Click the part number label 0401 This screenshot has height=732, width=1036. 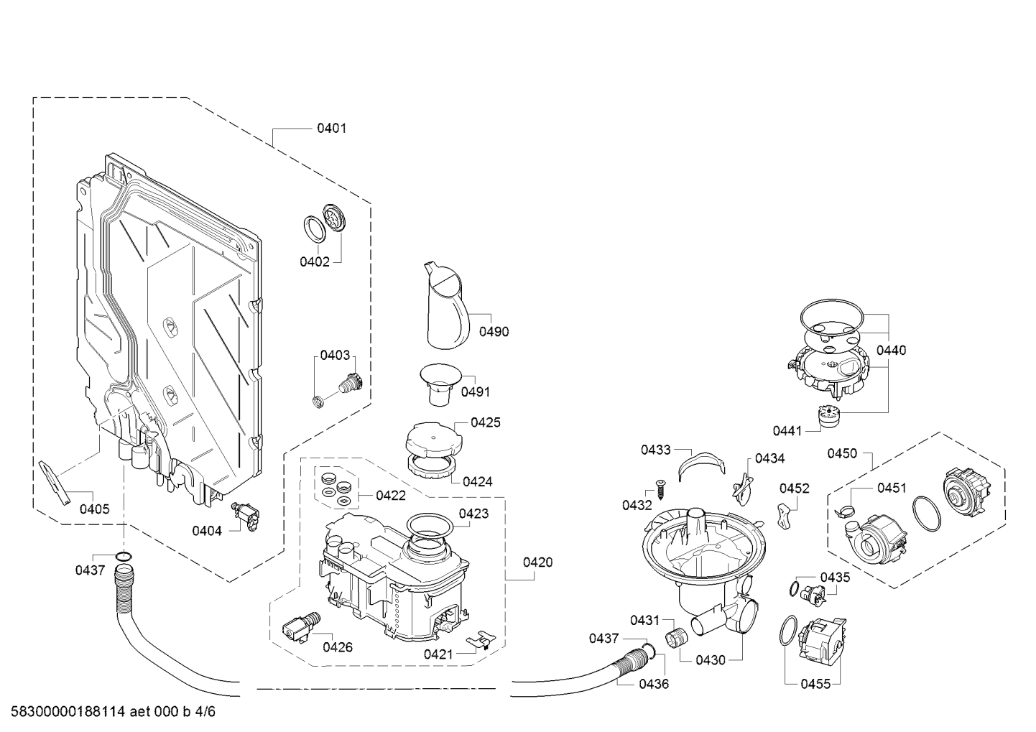pos(331,129)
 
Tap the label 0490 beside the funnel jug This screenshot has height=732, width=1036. pos(494,331)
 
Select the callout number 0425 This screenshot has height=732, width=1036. pos(486,422)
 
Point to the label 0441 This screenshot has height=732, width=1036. pos(787,431)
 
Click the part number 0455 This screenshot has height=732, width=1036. pos(815,684)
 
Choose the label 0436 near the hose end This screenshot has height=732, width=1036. pos(654,684)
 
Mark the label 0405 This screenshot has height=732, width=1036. pos(94,509)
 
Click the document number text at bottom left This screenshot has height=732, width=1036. pos(108,712)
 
